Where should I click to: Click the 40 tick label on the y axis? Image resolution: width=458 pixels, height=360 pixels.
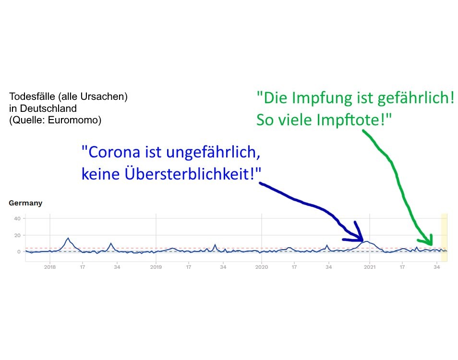(x=17, y=218)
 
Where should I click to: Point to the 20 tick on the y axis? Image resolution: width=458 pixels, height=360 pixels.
(x=17, y=235)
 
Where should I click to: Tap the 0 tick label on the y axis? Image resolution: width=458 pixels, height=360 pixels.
(x=19, y=252)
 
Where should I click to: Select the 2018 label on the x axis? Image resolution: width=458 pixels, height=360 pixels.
(x=50, y=267)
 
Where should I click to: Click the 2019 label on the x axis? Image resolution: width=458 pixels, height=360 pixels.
(x=156, y=267)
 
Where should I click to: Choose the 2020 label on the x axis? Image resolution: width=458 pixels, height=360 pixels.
(x=262, y=267)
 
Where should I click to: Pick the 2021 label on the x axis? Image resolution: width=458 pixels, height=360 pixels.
(x=370, y=267)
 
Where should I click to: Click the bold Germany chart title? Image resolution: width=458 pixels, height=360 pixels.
(x=25, y=203)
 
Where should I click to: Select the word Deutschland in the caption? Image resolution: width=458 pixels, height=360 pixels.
(x=48, y=108)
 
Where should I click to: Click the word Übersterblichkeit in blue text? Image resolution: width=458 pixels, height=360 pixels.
(x=189, y=174)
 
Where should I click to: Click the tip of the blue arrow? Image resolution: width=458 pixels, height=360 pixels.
(x=362, y=240)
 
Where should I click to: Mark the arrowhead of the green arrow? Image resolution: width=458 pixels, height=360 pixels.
(x=431, y=244)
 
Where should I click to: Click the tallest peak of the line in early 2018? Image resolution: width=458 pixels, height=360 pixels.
(x=68, y=238)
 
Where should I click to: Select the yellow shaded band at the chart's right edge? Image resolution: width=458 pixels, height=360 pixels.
(x=444, y=238)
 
